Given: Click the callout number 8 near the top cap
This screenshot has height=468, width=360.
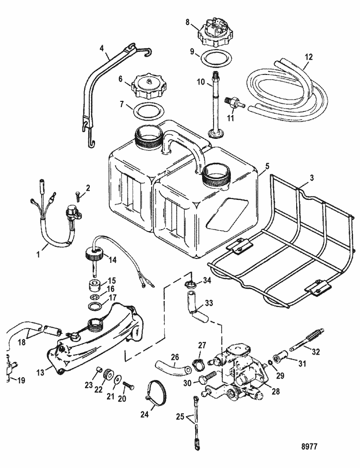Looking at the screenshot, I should (188, 21).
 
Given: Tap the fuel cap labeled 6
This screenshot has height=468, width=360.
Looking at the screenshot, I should (147, 88).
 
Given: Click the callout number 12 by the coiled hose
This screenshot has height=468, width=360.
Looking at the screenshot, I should (309, 56).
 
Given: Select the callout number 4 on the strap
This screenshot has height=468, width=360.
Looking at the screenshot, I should (101, 48).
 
